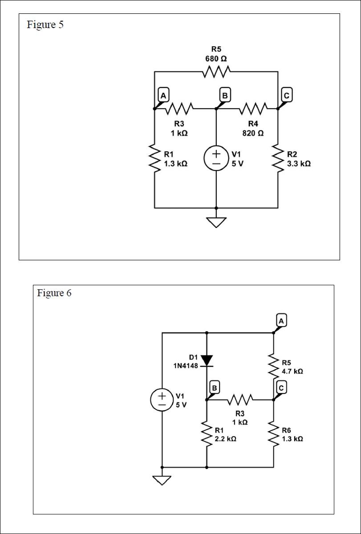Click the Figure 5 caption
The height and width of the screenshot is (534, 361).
point(45,25)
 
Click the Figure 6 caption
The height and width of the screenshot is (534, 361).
point(54,293)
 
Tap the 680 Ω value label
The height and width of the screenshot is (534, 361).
point(216,59)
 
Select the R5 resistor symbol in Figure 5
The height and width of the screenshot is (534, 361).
point(216,71)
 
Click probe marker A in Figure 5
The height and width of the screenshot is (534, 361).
point(163,96)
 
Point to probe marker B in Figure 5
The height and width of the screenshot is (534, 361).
point(225,96)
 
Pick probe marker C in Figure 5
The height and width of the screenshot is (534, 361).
point(287,96)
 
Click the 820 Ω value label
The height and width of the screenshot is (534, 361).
point(253,133)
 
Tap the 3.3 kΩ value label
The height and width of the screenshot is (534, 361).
point(299,164)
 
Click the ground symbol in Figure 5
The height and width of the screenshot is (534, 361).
point(216,222)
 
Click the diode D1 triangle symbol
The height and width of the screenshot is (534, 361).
point(207,360)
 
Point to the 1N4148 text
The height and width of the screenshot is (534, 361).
point(186,366)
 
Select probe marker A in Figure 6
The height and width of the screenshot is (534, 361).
point(281,320)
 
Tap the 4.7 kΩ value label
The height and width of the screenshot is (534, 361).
point(292,371)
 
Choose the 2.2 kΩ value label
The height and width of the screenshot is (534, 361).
point(225,439)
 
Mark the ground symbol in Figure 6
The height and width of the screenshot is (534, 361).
point(162,480)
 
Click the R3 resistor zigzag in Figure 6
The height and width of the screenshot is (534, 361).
point(240,400)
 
